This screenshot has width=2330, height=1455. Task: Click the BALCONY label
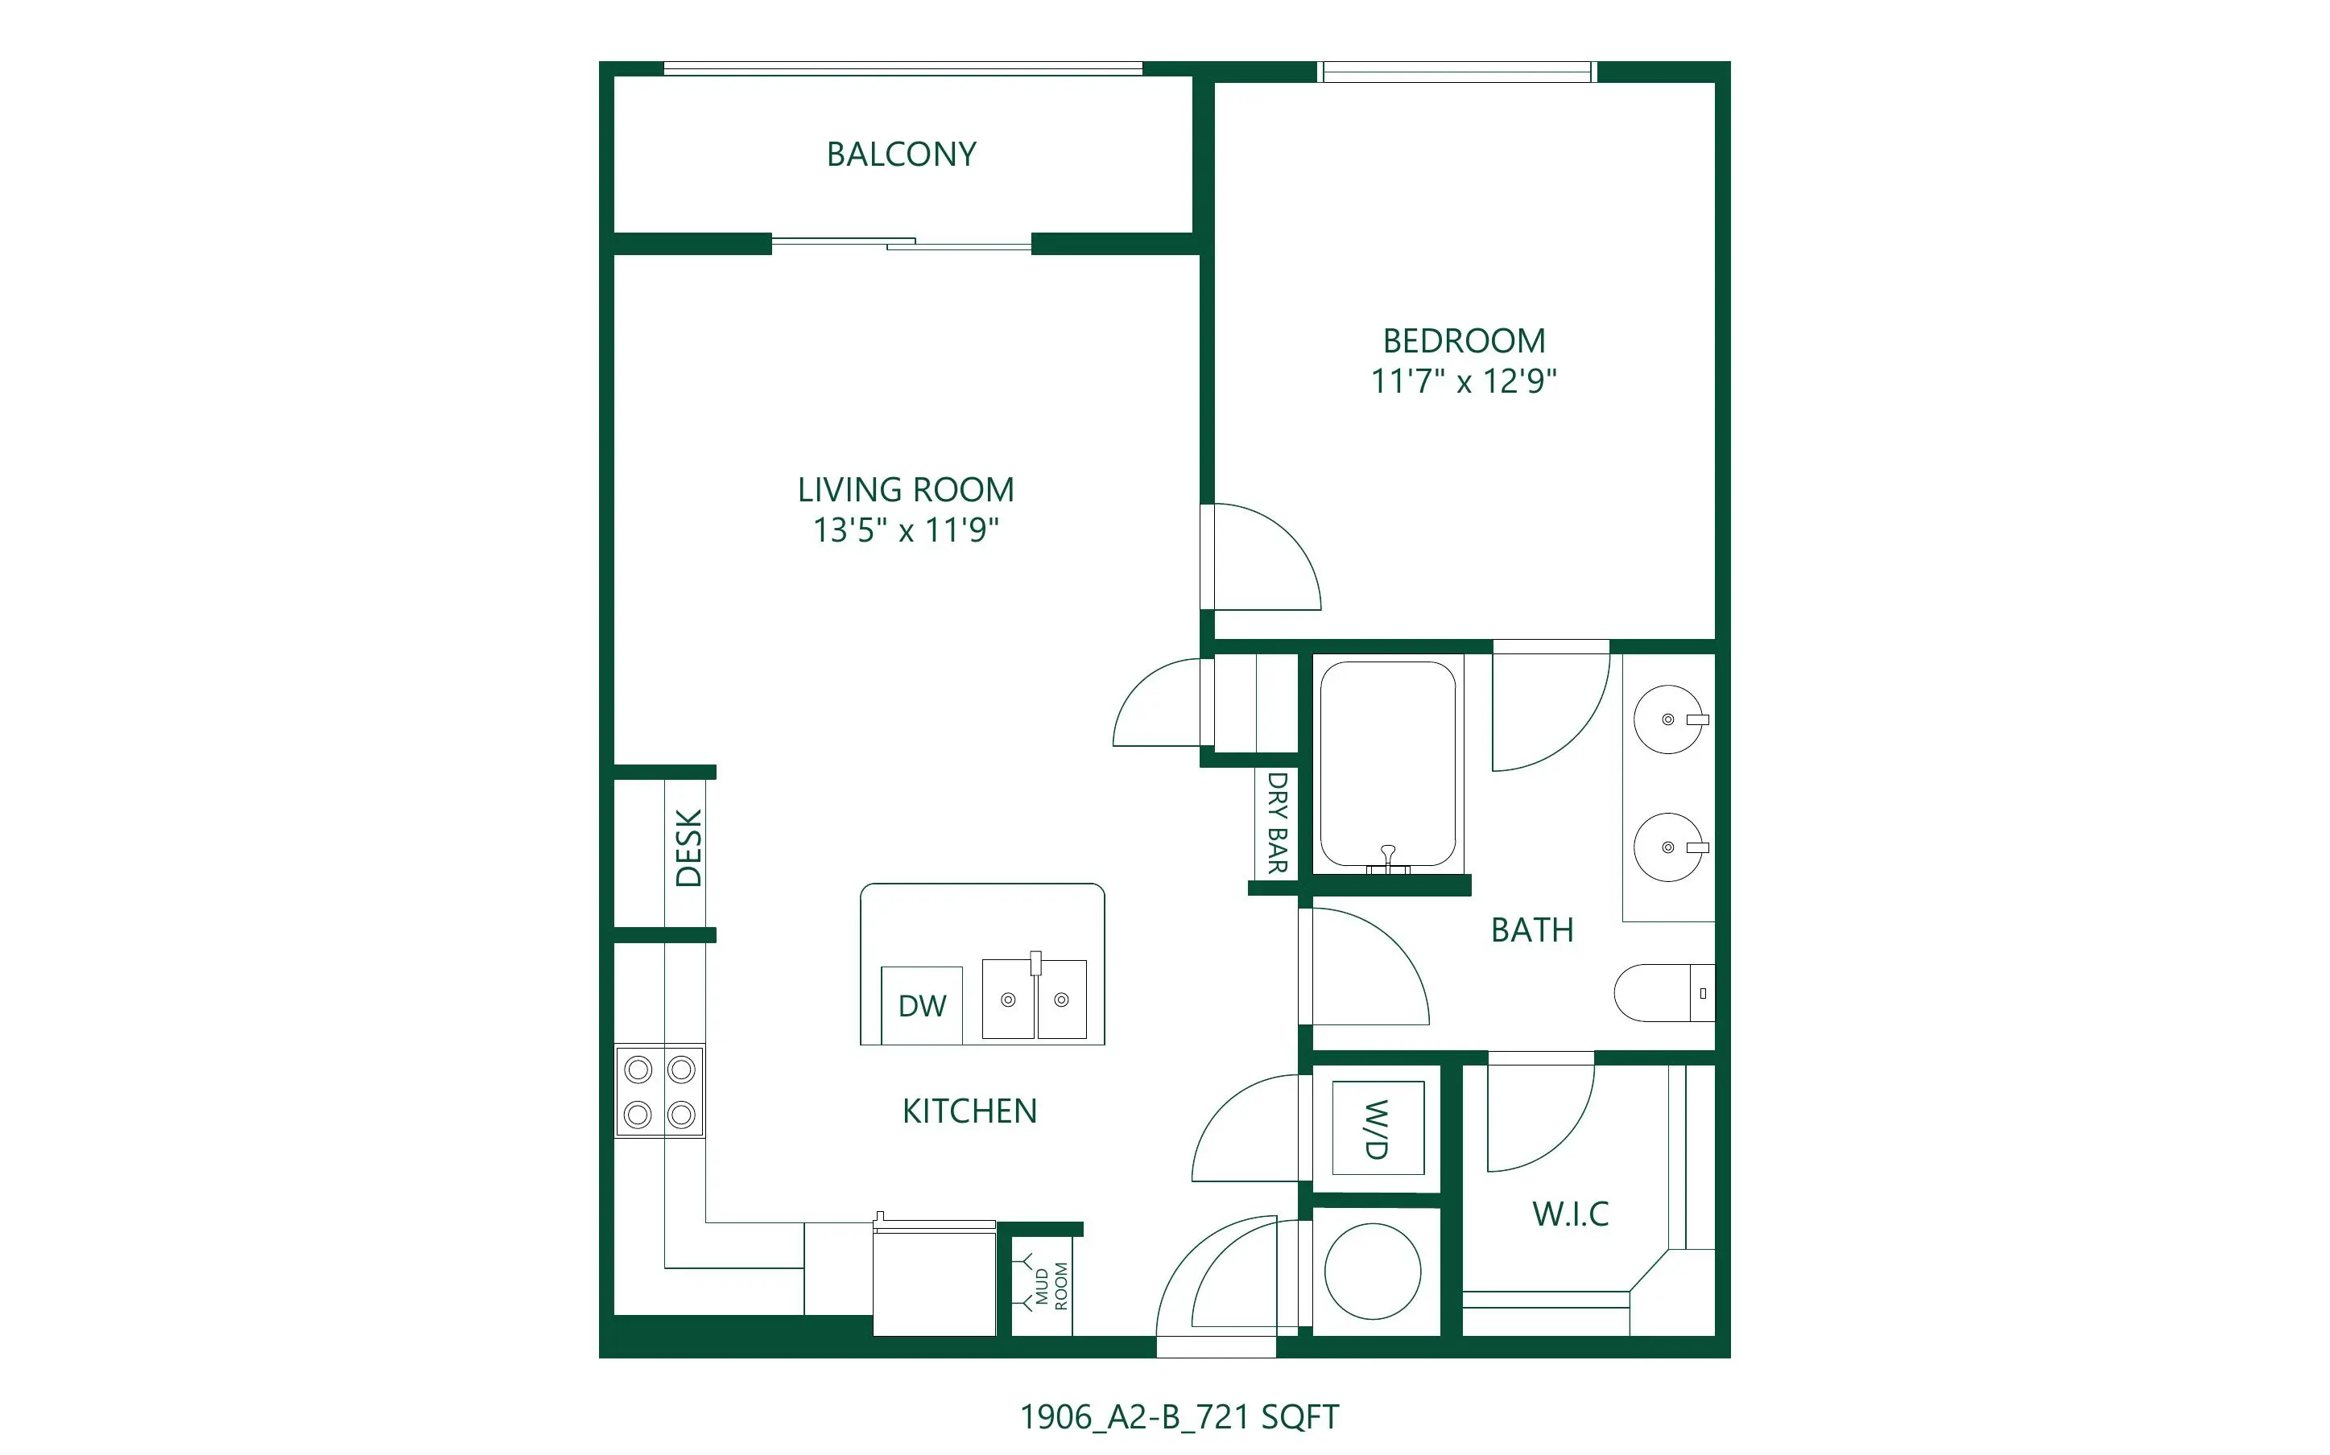point(902,154)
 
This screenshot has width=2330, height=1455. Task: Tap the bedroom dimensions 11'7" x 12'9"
point(1464,381)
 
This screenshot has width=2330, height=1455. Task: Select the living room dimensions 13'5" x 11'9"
point(906,530)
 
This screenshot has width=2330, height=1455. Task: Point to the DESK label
point(689,847)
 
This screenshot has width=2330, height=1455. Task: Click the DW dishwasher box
point(922,1004)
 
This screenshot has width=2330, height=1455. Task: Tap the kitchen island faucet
point(1035,963)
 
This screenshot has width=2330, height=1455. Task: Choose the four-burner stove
point(660,1091)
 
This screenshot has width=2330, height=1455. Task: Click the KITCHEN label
point(969,1111)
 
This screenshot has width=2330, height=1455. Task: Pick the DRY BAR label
point(1277,822)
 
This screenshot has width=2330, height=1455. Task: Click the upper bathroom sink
point(1669,719)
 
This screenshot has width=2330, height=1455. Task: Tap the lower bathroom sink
point(1669,847)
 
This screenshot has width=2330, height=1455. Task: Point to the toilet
point(1664,992)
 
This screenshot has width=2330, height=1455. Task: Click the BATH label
point(1532,929)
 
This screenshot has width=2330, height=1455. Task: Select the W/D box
point(1378,1127)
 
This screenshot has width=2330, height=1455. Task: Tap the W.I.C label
point(1571,1214)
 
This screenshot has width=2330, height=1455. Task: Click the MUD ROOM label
point(1051,1286)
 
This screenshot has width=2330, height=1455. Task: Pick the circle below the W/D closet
point(1373,1272)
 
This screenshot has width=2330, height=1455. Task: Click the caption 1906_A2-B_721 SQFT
point(1179,1416)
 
